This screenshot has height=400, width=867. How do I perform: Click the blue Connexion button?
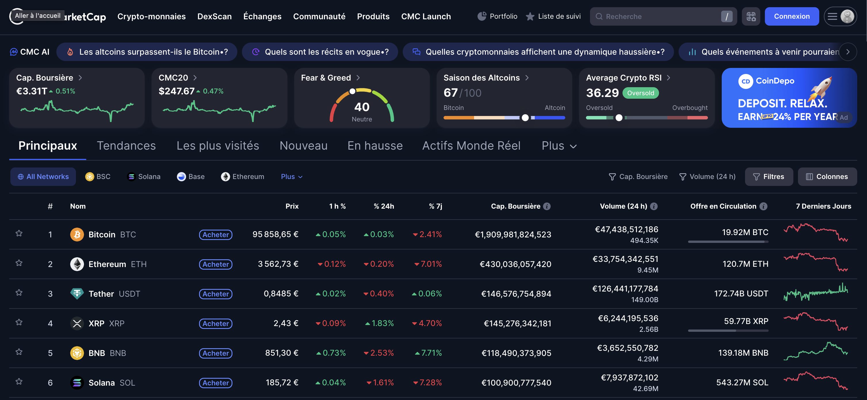(791, 16)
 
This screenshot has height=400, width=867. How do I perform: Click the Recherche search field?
(656, 16)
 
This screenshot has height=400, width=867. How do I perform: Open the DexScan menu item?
(214, 16)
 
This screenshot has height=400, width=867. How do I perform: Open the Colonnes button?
(827, 176)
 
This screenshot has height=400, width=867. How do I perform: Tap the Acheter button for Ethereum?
(215, 264)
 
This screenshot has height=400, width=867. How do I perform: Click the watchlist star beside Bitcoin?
(19, 233)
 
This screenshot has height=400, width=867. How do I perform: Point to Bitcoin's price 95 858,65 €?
(275, 234)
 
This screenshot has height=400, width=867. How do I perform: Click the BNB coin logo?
(77, 353)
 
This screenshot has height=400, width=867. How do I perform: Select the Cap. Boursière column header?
(515, 206)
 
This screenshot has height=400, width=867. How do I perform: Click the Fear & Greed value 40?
(362, 107)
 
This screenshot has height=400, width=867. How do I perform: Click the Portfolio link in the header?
(497, 16)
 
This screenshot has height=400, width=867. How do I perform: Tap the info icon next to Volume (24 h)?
(654, 206)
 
